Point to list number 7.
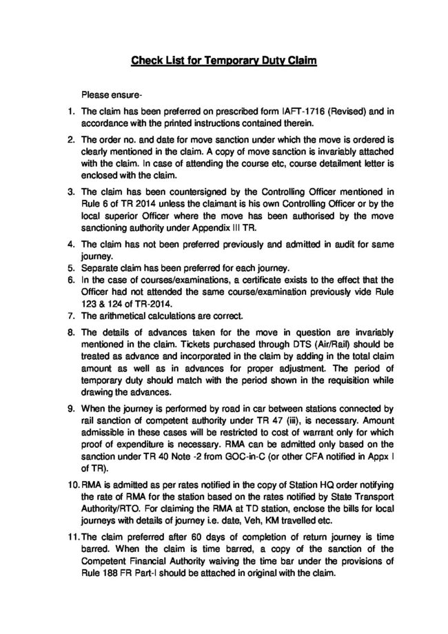click(71, 317)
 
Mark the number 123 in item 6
click(92, 304)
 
